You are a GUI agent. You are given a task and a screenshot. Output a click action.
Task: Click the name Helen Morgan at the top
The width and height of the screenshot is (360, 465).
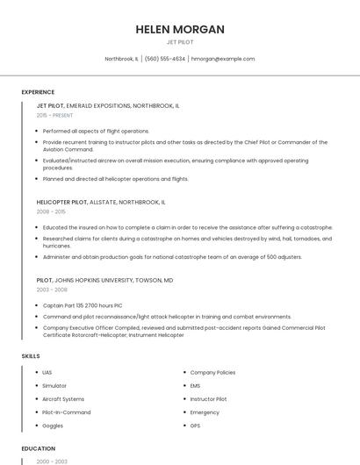180,29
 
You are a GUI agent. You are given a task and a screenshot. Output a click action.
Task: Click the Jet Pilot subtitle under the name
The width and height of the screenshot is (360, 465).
180,42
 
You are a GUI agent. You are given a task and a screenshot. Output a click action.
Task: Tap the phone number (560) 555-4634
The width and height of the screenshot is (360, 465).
164,59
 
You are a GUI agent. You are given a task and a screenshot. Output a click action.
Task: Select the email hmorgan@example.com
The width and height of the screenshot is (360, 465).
223,59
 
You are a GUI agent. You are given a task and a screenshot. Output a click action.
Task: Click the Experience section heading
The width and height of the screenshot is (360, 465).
38,92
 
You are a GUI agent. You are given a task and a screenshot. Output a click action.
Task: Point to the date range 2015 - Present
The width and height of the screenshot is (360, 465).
54,115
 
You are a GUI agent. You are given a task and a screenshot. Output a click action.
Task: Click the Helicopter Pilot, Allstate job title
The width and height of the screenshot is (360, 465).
100,202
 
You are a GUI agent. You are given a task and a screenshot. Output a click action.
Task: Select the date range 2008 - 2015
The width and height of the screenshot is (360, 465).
51,211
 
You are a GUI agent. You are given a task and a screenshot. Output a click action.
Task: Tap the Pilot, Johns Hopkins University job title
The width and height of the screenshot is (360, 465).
104,280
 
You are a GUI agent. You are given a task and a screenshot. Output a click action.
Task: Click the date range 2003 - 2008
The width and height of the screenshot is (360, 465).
51,289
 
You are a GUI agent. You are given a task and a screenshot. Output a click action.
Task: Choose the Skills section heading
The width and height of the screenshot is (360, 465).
31,356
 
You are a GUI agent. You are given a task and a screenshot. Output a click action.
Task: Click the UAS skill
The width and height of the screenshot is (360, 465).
47,372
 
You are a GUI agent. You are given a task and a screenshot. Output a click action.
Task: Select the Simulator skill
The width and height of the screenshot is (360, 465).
54,385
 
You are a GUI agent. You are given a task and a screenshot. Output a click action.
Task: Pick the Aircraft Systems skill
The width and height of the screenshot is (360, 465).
63,398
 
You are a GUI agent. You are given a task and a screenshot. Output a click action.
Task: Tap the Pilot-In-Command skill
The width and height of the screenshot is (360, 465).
66,411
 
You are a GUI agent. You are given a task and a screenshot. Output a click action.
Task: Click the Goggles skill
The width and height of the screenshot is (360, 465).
53,425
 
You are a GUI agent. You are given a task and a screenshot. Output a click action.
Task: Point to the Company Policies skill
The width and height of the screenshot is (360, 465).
212,372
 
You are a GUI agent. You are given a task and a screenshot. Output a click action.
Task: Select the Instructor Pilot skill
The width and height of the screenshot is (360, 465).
208,398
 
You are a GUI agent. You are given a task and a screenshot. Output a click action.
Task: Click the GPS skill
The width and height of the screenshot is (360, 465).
196,425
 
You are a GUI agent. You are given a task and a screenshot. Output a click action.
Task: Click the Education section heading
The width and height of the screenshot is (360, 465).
38,448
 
